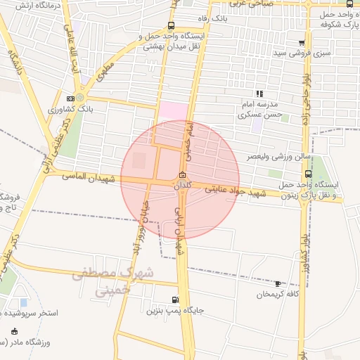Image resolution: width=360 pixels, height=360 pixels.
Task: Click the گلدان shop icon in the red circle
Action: click(x=183, y=175)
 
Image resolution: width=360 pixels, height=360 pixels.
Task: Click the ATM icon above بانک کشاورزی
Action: click(x=70, y=98)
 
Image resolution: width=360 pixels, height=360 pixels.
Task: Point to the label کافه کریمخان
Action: click(x=276, y=294)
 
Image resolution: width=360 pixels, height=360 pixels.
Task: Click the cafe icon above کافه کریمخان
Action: click(x=277, y=283)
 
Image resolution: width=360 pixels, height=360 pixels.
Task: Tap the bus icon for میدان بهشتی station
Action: click(x=172, y=26)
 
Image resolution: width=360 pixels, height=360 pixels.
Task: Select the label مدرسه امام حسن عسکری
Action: click(x=260, y=108)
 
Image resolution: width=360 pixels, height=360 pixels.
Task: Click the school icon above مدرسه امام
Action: click(x=259, y=93)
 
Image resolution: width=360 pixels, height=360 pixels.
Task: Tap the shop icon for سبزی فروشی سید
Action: click(x=301, y=43)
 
